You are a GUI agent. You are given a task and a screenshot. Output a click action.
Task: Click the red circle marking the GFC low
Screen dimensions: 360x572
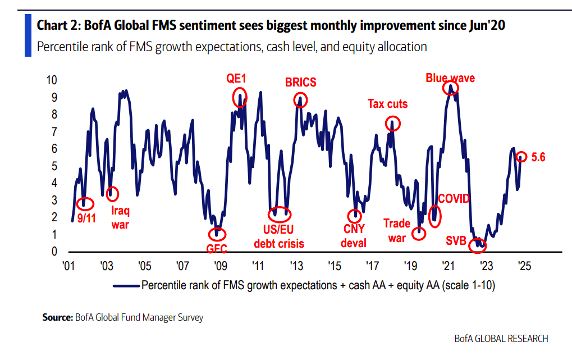(x=217, y=233)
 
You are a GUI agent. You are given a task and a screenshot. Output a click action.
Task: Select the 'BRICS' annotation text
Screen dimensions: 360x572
(x=301, y=83)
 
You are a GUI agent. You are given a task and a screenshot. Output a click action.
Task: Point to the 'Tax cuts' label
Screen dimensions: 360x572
(x=387, y=104)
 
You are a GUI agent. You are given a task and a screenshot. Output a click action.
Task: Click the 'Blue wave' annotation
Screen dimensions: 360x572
(x=450, y=78)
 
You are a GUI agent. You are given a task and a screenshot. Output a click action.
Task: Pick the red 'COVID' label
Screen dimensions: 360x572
(x=454, y=199)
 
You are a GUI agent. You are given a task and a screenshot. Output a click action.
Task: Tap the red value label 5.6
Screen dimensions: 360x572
(x=538, y=157)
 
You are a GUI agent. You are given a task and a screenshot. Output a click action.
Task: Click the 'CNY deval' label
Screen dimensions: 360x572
(x=354, y=236)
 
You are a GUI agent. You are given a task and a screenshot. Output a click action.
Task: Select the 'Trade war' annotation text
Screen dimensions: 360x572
(x=397, y=230)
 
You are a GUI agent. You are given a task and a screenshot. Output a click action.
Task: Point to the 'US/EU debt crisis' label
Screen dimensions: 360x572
(x=279, y=236)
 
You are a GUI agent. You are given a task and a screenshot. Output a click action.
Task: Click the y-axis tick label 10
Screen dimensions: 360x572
(x=51, y=80)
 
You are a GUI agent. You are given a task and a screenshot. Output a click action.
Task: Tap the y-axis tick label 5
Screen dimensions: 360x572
(x=54, y=166)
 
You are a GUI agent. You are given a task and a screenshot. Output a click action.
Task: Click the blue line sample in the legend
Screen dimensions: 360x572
(x=126, y=285)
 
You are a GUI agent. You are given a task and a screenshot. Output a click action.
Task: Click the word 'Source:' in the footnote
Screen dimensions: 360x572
(x=58, y=317)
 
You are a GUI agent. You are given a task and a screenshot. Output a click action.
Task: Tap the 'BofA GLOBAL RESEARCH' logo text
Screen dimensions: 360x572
(x=501, y=339)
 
